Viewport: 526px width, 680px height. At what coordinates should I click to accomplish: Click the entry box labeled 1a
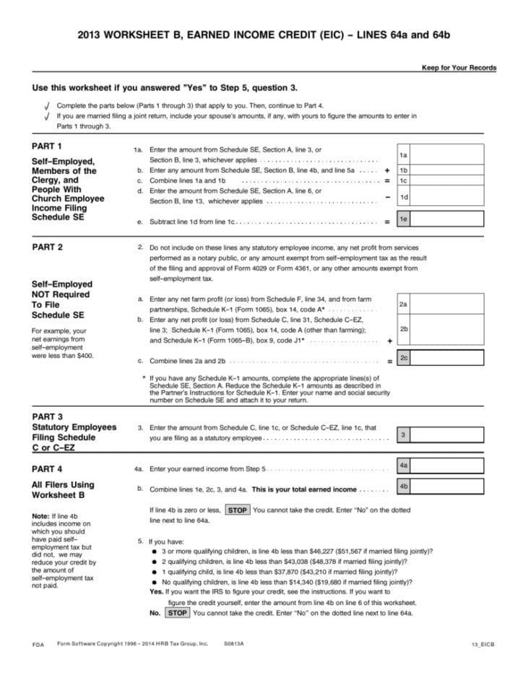point(447,155)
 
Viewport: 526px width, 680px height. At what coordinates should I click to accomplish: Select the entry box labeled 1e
point(447,219)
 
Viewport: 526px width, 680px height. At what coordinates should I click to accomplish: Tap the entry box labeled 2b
point(447,329)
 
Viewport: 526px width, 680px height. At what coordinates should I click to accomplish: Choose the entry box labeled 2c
point(447,357)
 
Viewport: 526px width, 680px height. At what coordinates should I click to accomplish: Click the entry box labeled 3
point(447,435)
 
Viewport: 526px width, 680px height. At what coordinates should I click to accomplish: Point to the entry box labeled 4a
point(447,466)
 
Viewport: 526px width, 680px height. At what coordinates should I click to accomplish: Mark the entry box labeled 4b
point(447,487)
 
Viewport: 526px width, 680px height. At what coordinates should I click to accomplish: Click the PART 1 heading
point(48,146)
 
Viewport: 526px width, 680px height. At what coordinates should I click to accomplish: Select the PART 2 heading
point(48,247)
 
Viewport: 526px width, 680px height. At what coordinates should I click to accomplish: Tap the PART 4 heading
point(48,468)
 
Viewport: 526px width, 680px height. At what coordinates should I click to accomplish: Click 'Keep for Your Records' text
point(459,68)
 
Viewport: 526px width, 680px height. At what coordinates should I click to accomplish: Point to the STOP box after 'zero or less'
point(238,510)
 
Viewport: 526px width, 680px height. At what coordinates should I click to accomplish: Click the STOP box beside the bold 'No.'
point(177,613)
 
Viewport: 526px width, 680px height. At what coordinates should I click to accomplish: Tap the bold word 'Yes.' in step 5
point(156,591)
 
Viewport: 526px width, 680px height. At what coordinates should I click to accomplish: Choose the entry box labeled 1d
point(447,196)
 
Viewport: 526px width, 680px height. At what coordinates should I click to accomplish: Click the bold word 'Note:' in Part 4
point(41,516)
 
